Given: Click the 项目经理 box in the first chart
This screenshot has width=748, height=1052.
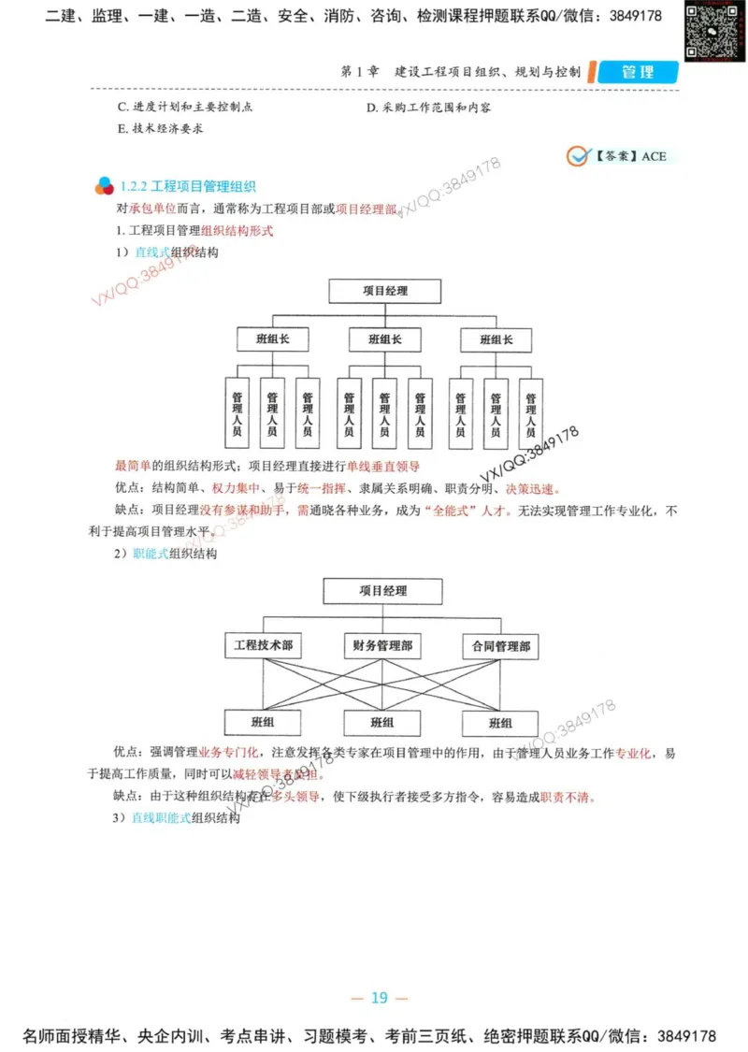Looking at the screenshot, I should (x=384, y=291).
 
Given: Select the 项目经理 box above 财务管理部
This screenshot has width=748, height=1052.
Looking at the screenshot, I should (x=382, y=591).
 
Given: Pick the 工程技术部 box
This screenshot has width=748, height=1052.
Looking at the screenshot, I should (x=263, y=645).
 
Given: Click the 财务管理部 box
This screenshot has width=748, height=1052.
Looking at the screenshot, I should (x=381, y=645).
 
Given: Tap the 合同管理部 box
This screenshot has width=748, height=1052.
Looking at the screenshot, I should (x=500, y=645).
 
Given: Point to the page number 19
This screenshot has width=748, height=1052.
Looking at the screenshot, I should (x=379, y=998).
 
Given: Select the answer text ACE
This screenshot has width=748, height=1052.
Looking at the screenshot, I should (x=654, y=156).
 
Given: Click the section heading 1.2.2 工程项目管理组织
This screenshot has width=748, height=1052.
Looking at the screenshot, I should (x=188, y=187).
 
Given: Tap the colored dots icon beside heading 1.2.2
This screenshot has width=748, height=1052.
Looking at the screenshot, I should (x=104, y=187).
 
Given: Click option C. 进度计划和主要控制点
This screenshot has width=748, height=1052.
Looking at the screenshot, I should (x=185, y=108).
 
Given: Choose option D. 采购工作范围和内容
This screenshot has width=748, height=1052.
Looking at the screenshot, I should (x=429, y=108).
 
